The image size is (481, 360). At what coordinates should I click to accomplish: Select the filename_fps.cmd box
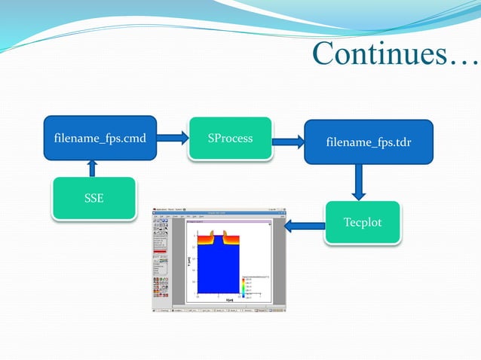coord(100,138)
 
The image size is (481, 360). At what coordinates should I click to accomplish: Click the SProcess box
coord(230,139)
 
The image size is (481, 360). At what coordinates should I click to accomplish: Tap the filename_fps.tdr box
coord(368,142)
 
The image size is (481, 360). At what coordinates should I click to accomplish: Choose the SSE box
coord(93,198)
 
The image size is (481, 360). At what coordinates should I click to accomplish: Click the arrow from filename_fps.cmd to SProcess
coord(173,137)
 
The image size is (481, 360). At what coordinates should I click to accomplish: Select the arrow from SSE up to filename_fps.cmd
coord(93,168)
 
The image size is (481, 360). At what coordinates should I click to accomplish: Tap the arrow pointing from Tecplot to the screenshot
coord(304,224)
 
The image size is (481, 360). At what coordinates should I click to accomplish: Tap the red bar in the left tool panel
coord(161,251)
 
